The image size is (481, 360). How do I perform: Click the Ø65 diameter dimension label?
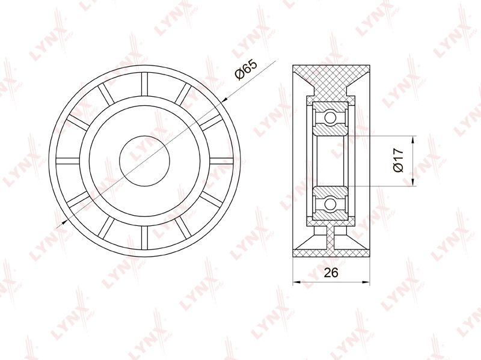point(246,70)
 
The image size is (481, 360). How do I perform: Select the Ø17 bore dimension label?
point(399,160)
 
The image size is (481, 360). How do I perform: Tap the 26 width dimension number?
point(331,272)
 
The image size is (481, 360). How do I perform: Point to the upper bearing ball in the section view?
point(330,117)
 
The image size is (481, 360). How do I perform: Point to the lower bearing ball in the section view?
point(330,204)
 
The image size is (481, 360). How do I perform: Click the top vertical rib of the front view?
point(144,85)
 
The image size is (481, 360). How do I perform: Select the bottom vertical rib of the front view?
point(144,237)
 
